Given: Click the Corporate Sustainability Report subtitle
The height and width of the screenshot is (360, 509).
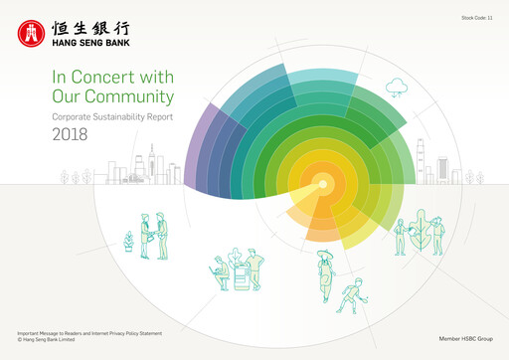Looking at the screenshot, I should pos(108,117).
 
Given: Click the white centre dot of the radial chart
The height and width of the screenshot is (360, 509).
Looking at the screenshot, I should pos(322,182).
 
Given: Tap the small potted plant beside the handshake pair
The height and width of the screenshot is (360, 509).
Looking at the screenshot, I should pos(127,240).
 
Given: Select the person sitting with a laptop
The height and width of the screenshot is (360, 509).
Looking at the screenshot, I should pos(220,269).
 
